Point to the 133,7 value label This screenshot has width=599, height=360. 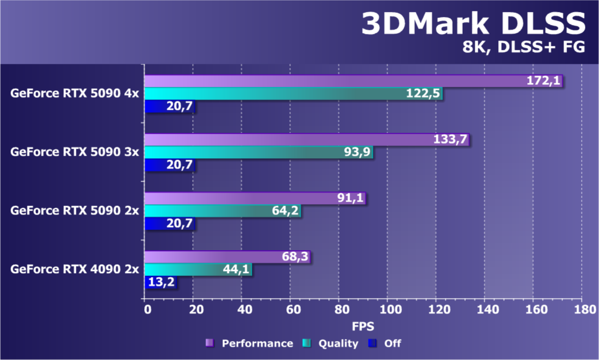(451, 140)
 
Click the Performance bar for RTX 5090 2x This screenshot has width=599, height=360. (255, 198)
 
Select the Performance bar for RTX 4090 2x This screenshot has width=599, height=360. (227, 257)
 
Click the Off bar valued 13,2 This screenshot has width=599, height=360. (161, 282)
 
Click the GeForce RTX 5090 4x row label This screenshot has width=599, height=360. (74, 93)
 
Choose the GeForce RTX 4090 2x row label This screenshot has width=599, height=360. (74, 270)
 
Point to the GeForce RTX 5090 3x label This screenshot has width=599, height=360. (74, 152)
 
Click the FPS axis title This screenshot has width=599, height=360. (363, 326)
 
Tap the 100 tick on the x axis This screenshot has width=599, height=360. (387, 310)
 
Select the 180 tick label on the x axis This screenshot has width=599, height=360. (581, 310)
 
